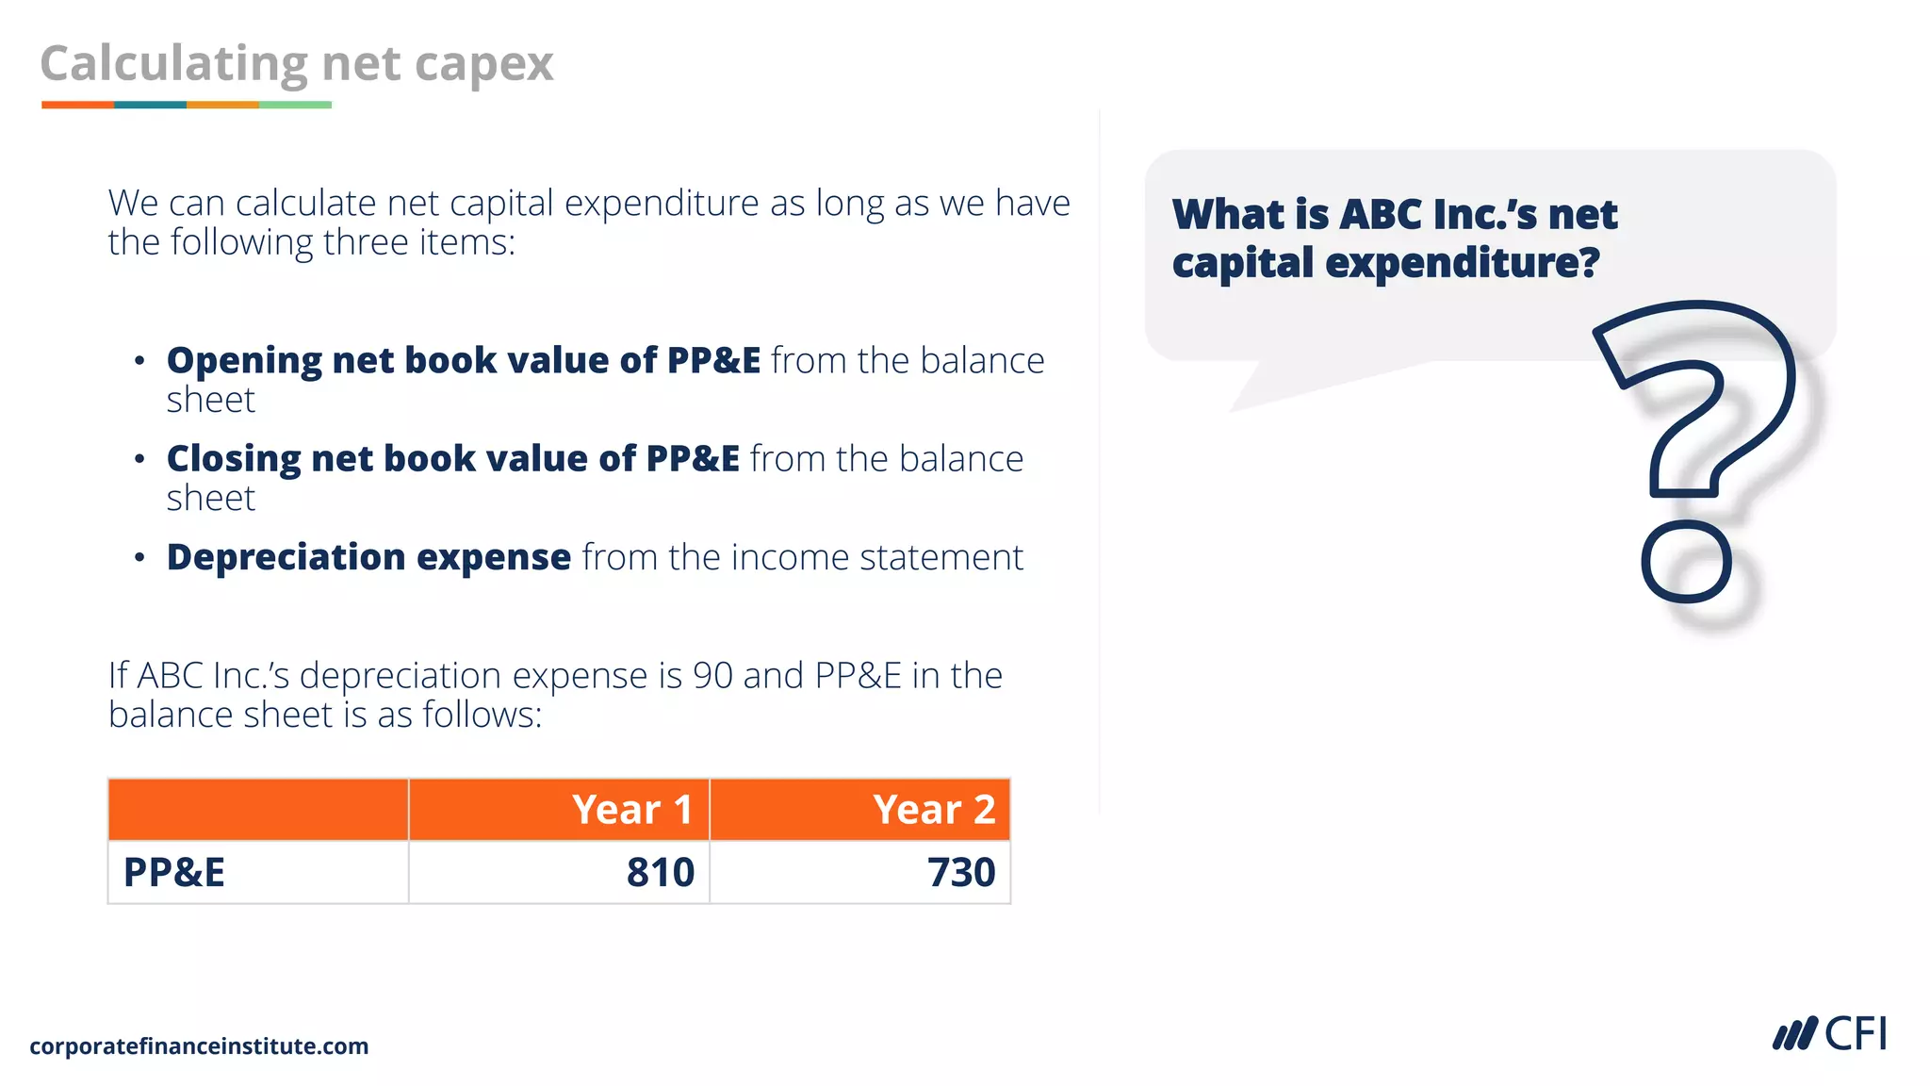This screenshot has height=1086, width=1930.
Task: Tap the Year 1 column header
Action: point(631,810)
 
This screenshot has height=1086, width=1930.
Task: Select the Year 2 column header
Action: point(933,810)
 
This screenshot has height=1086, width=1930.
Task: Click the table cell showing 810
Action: point(660,872)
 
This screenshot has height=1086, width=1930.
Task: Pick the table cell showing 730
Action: point(960,872)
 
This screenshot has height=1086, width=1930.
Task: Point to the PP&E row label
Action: point(174,872)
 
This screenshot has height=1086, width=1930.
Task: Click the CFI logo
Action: point(1829,1034)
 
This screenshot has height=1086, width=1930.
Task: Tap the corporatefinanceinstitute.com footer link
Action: point(199,1046)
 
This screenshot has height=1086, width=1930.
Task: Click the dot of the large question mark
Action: point(1686,562)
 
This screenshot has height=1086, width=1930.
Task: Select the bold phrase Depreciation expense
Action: point(368,557)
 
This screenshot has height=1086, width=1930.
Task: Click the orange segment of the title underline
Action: point(77,105)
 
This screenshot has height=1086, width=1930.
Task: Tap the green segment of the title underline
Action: point(295,105)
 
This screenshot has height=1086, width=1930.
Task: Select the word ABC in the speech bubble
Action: point(1381,215)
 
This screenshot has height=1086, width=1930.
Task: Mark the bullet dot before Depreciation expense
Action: point(139,558)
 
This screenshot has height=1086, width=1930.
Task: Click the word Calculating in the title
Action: point(173,64)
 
